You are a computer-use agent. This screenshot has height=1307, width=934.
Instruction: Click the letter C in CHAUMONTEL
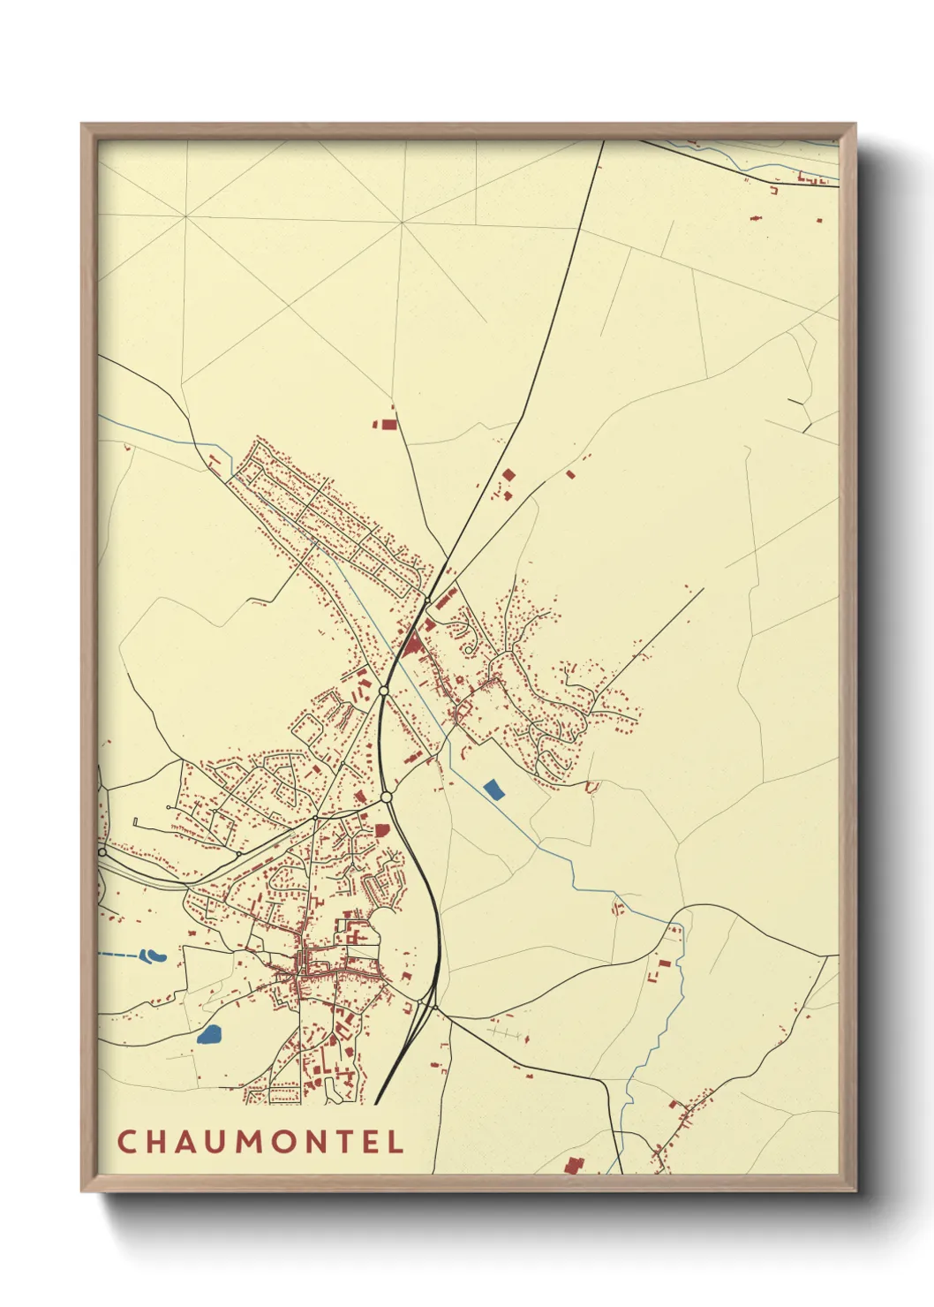coord(126,1141)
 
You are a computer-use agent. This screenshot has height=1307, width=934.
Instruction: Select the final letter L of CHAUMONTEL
coord(395,1141)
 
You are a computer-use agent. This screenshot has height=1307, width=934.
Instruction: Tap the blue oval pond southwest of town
coord(209,1033)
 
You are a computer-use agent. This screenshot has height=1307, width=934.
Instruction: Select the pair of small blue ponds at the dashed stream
coord(153,955)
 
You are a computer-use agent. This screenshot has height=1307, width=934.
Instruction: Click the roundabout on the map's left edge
coord(102,852)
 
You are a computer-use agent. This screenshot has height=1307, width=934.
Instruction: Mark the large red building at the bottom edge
coord(574,1165)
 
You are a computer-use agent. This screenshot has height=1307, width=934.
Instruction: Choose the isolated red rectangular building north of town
coord(386,424)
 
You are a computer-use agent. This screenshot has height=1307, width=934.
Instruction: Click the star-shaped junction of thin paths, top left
coord(402,223)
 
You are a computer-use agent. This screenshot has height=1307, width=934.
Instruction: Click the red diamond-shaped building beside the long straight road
coord(508,474)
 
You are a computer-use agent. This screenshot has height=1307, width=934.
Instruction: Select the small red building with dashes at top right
coord(756,216)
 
